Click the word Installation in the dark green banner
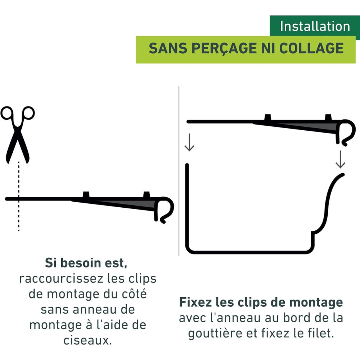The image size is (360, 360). (315, 26)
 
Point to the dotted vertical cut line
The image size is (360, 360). (19, 212)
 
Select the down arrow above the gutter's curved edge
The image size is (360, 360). (340, 160)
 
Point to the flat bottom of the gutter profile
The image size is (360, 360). (248, 251)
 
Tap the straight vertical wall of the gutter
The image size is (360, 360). (187, 205)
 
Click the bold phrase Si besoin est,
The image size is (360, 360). (86, 263)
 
